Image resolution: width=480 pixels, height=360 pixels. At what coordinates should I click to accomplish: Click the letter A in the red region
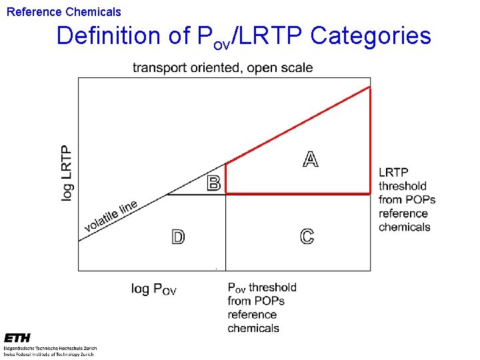coord(311,159)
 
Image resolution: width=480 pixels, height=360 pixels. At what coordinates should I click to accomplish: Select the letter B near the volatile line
coord(214,183)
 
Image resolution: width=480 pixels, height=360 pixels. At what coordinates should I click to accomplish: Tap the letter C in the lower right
coord(307,237)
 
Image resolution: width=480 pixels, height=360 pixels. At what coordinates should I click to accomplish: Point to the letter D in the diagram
coord(178,237)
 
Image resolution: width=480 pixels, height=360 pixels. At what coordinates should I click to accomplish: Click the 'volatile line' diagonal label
coord(111,217)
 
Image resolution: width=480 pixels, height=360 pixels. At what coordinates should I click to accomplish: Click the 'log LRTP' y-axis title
coord(67,173)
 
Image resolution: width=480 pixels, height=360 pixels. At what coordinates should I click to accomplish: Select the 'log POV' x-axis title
coord(153,289)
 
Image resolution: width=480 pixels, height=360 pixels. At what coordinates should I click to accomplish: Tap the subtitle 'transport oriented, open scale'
coord(223,67)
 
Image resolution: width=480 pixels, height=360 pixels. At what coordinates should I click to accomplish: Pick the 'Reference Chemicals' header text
coord(64,12)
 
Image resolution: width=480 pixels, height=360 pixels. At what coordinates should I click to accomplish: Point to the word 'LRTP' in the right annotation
coord(393,173)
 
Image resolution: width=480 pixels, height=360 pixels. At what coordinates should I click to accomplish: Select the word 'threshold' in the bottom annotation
coord(272,287)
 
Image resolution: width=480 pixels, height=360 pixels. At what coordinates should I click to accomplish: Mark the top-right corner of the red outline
coord(370,87)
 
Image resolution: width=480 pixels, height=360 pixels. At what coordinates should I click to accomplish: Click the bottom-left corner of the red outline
coord(226,193)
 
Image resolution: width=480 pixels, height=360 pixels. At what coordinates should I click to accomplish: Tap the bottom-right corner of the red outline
coord(370,193)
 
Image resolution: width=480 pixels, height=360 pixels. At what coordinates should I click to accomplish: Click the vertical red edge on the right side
coord(370,140)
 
